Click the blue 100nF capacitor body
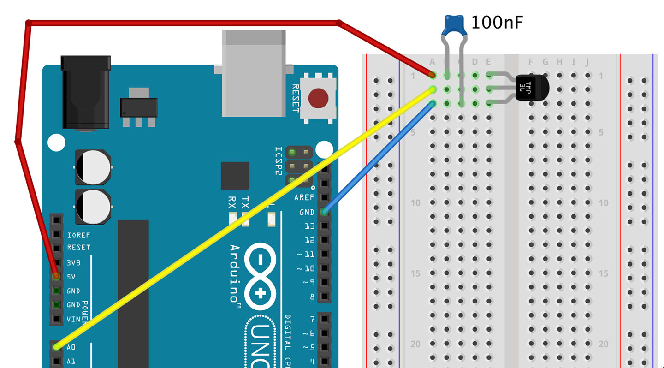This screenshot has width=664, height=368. click(x=454, y=25)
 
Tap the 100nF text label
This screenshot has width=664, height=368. click(x=497, y=22)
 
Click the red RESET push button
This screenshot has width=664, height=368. click(x=318, y=98)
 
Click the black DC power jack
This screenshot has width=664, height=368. click(x=86, y=92)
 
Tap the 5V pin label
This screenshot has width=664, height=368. click(x=71, y=277)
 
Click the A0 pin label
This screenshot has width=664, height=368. click(x=71, y=347)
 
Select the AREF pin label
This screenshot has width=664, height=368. click(x=304, y=197)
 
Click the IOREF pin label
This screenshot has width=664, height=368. click(x=79, y=235)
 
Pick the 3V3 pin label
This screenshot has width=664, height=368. click(x=73, y=263)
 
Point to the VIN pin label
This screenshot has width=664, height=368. click(x=73, y=319)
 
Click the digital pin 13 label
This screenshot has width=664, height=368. click(x=310, y=226)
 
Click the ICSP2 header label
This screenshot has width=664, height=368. click(x=279, y=161)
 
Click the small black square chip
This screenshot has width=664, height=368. click(x=235, y=176)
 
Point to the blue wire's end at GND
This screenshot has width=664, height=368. click(x=325, y=212)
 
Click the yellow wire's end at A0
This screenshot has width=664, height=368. click(x=57, y=347)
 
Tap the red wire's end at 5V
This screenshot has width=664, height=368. click(x=57, y=276)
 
